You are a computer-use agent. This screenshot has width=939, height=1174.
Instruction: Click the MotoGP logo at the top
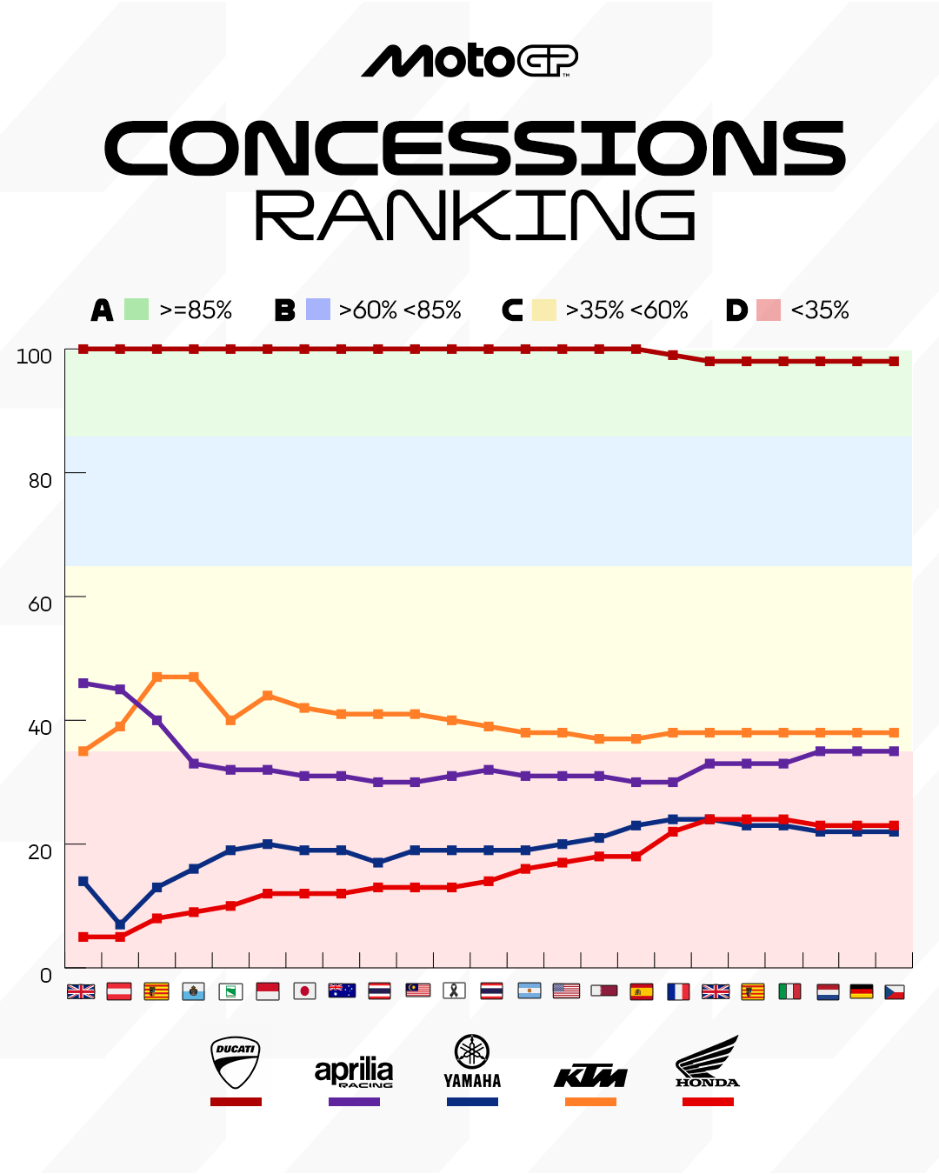[x=469, y=61]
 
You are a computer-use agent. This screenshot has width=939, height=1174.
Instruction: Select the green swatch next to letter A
[x=137, y=310]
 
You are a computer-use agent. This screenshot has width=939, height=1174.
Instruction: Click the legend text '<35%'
[x=819, y=310]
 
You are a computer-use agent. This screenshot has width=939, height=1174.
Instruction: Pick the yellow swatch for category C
[x=543, y=310]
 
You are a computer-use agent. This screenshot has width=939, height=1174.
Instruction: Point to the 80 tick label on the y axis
[x=40, y=480]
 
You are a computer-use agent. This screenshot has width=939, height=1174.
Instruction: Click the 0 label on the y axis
[x=45, y=976]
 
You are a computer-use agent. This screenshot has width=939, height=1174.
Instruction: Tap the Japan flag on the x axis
[x=304, y=991]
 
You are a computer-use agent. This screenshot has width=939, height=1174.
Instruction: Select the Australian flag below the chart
[x=342, y=991]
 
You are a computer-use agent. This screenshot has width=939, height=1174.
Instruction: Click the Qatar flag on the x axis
[x=603, y=991]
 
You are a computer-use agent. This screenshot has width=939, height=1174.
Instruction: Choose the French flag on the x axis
[x=678, y=991]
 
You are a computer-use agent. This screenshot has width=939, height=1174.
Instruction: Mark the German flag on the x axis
[x=861, y=991]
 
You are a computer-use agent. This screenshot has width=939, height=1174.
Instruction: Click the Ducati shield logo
[x=236, y=1062]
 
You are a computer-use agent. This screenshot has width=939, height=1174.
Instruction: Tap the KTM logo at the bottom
[x=590, y=1077]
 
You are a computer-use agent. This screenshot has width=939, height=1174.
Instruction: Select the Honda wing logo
[x=708, y=1061]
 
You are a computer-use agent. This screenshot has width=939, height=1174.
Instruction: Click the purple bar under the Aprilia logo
[x=354, y=1102]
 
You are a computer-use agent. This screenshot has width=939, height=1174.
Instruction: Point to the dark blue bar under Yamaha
[x=472, y=1102]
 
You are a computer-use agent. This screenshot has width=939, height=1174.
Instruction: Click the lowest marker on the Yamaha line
[x=120, y=924]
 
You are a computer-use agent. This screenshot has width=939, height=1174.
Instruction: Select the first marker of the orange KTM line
[x=83, y=751]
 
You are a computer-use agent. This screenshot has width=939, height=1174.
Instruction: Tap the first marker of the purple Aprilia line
[x=83, y=684]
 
